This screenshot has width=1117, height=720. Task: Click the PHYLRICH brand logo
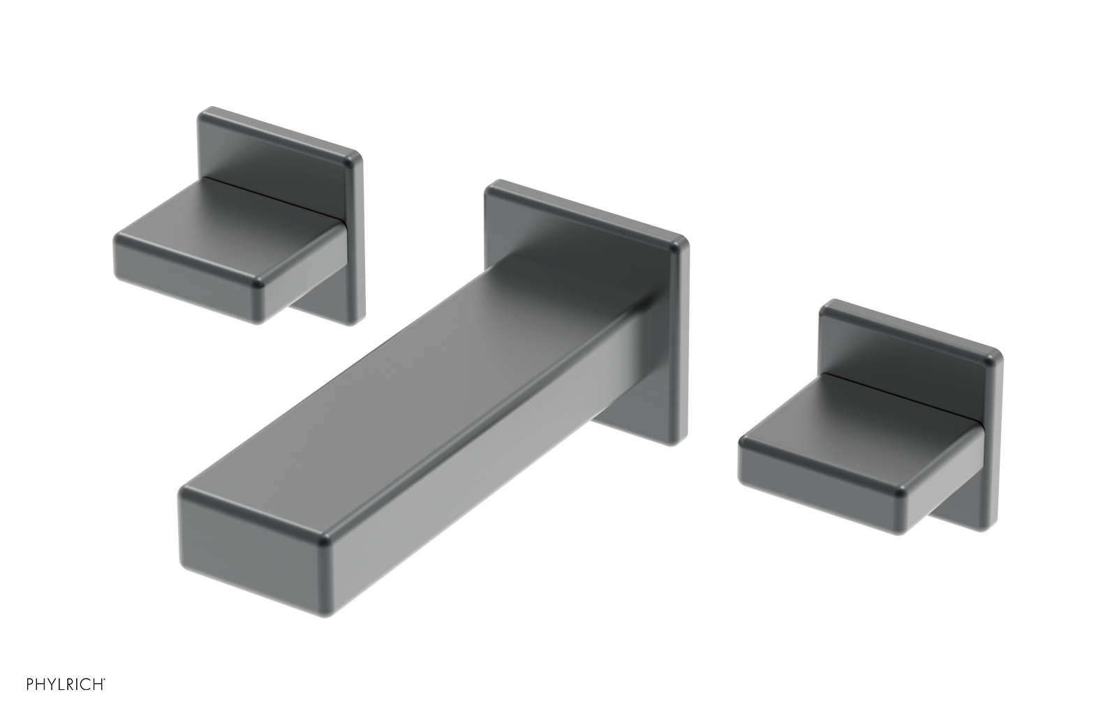[66, 684]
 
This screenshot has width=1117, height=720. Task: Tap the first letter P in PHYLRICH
[30, 684]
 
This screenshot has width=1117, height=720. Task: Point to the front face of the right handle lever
[817, 481]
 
